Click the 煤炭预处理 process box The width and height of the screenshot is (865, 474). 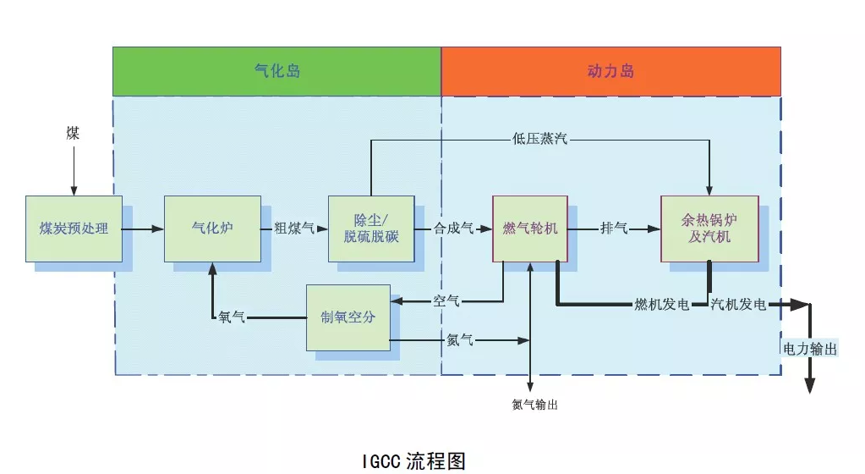[74, 229]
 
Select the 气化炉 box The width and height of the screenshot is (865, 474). [212, 229]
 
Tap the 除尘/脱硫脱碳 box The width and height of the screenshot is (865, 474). [371, 229]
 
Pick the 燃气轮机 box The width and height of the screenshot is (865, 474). [530, 229]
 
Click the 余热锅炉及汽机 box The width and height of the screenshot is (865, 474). [709, 229]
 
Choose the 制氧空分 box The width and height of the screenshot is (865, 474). [348, 317]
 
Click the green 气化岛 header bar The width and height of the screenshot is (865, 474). [277, 71]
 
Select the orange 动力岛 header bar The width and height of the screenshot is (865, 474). [610, 71]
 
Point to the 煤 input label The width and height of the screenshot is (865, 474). [74, 134]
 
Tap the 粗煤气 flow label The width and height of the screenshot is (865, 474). [294, 229]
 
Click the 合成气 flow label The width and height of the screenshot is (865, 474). [453, 229]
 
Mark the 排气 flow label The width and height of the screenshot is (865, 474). [614, 229]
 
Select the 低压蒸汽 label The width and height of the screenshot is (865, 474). [539, 138]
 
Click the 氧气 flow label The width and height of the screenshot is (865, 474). [232, 317]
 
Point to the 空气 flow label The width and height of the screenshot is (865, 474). [446, 300]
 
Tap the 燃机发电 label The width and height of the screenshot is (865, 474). [662, 305]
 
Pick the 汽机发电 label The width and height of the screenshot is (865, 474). [738, 305]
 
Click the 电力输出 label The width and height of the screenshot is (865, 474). [810, 348]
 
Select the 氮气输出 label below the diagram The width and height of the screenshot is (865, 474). [534, 405]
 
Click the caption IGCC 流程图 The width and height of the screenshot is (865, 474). [413, 460]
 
